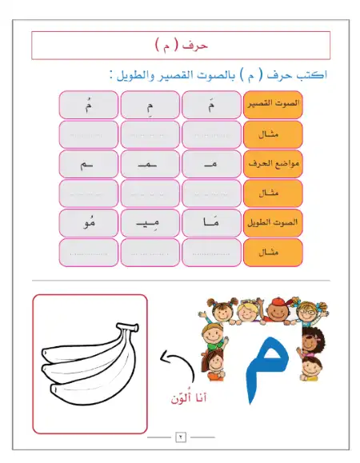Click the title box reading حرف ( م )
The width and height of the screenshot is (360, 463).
(x=180, y=45)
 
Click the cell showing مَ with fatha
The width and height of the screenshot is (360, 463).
(x=211, y=104)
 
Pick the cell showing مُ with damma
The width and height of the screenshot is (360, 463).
(x=87, y=104)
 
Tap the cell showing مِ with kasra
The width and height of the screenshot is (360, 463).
(x=150, y=104)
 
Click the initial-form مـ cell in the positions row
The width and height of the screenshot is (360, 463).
(x=211, y=164)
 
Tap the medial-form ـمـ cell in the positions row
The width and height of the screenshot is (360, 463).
(x=150, y=164)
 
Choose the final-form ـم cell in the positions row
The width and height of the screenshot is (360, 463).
(x=87, y=164)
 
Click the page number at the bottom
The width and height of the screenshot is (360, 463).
(x=180, y=439)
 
